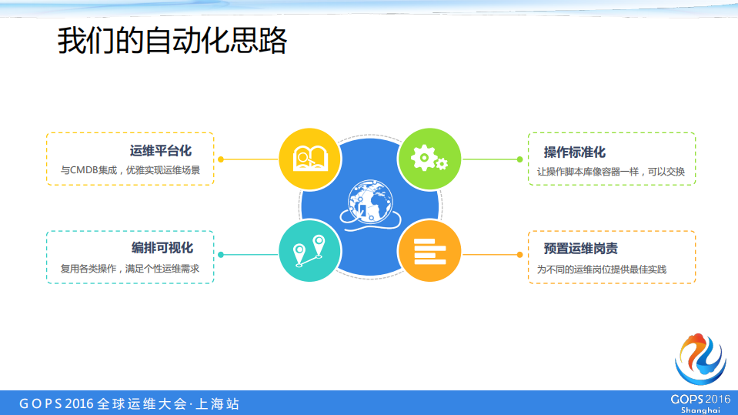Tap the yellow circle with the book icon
pos(310,159)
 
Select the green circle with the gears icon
pos(429,159)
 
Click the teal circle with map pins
pos(310,249)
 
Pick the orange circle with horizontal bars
pos(429,249)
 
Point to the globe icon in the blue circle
pos(369,202)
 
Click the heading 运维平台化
pos(161,151)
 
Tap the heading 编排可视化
pos(162,248)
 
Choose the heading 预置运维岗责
pos(580,249)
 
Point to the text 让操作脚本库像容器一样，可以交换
pos(611,172)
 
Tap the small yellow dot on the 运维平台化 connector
pos(221,159)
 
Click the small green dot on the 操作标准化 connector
pos(519,159)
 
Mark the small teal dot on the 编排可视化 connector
pos(221,255)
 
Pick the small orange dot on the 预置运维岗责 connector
pos(519,255)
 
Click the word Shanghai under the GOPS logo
pos(700,410)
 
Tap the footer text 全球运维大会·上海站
pos(167,403)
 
